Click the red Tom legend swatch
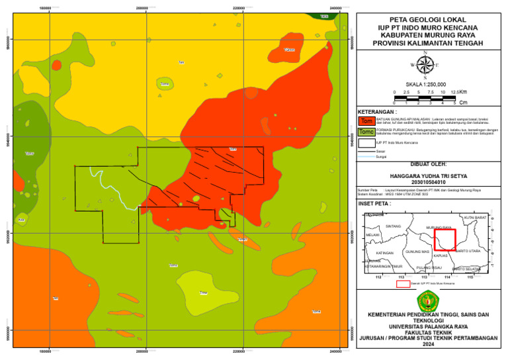point(366,121)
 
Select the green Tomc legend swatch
point(366,132)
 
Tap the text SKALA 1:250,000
point(426,85)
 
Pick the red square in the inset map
point(444,239)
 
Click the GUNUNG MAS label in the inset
point(417,252)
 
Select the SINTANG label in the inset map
point(394,226)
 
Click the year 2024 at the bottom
point(427,344)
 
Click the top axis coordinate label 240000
point(335,8)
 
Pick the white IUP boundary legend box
point(366,142)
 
